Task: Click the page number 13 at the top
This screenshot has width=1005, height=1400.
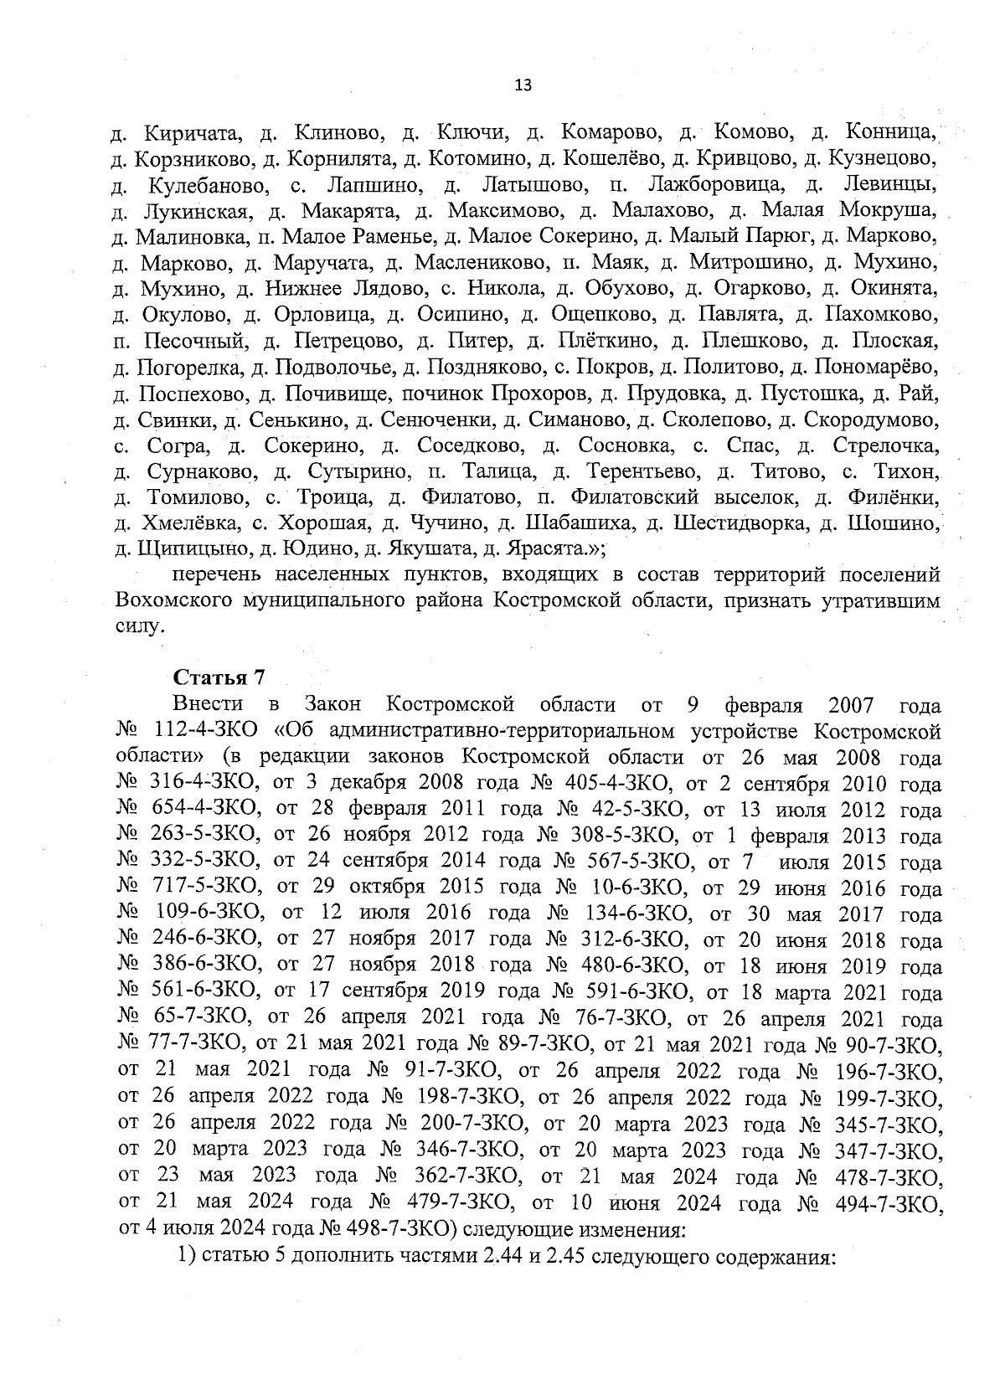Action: coord(523,85)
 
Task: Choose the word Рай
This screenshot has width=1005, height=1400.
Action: coord(920,394)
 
